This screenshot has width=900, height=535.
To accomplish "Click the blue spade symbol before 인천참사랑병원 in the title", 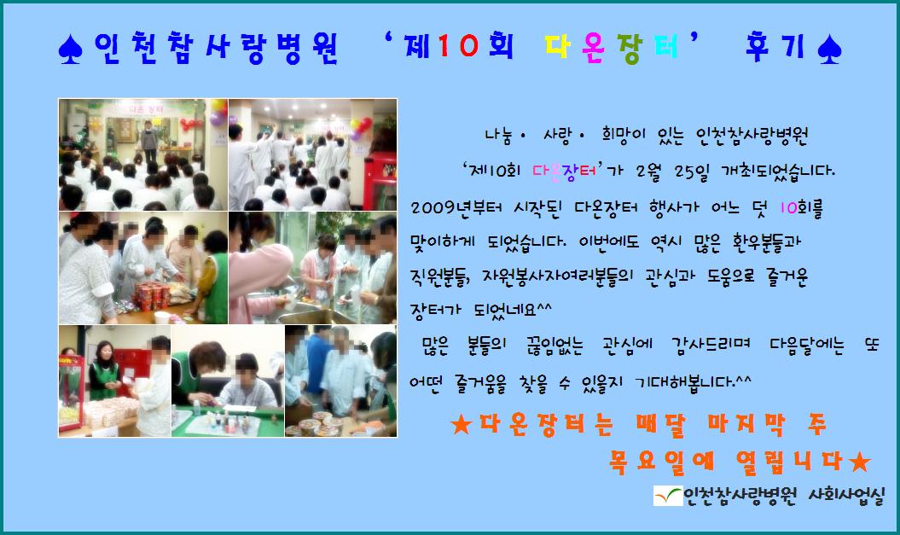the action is point(70,49).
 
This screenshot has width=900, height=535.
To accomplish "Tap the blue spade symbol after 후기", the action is point(829,49).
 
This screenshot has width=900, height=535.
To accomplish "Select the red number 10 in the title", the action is point(457,45).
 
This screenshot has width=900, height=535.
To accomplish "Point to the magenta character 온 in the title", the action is point(593,47).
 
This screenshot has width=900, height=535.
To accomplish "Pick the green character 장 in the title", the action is point(630,49).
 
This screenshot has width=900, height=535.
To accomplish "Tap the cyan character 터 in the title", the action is point(665,46).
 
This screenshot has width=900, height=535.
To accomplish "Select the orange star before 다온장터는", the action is point(461,425).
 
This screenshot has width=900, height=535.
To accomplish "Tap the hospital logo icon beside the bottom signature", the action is point(668,496).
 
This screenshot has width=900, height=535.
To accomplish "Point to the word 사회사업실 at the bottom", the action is point(846,496).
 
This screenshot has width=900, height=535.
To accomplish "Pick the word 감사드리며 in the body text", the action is point(711,345).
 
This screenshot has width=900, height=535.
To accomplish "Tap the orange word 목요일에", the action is point(662,462).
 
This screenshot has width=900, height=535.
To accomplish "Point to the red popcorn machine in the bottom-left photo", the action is point(71,392).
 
